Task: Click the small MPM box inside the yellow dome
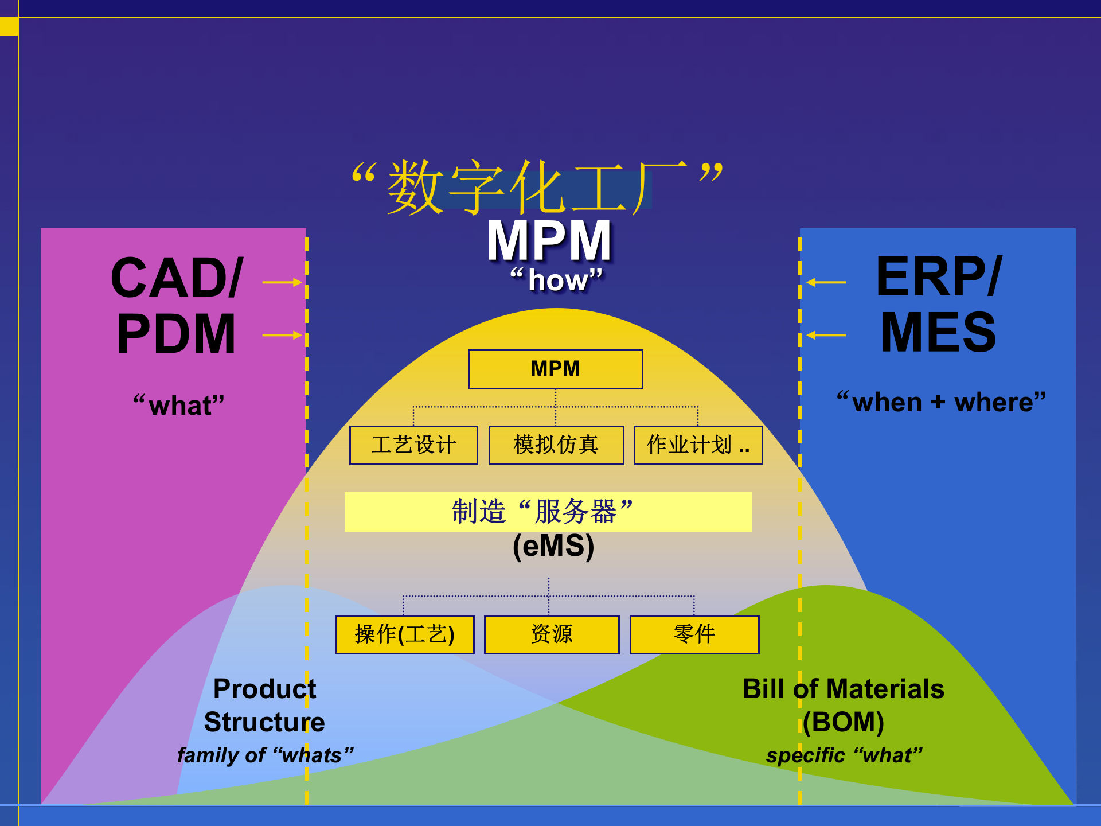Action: tap(555, 369)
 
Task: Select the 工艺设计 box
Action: tap(413, 445)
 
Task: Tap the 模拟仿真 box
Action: tap(556, 445)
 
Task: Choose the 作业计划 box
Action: tap(698, 445)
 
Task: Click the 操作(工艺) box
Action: tap(404, 634)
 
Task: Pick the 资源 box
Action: tap(552, 634)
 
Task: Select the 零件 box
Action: tap(694, 634)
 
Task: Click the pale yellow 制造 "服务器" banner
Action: tap(548, 512)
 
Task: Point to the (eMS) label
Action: tap(553, 546)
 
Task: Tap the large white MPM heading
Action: tap(549, 241)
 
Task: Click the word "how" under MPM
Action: tap(557, 280)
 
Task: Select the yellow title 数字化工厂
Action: tap(538, 187)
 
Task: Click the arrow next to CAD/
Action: tap(282, 282)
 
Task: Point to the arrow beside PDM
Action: tap(282, 335)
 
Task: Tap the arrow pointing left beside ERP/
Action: tap(826, 282)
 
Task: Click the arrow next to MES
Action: tap(826, 335)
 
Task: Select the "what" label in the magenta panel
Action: tap(179, 405)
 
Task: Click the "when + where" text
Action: tap(941, 402)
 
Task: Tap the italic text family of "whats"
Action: tap(265, 755)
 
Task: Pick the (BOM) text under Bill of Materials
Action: tap(843, 722)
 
